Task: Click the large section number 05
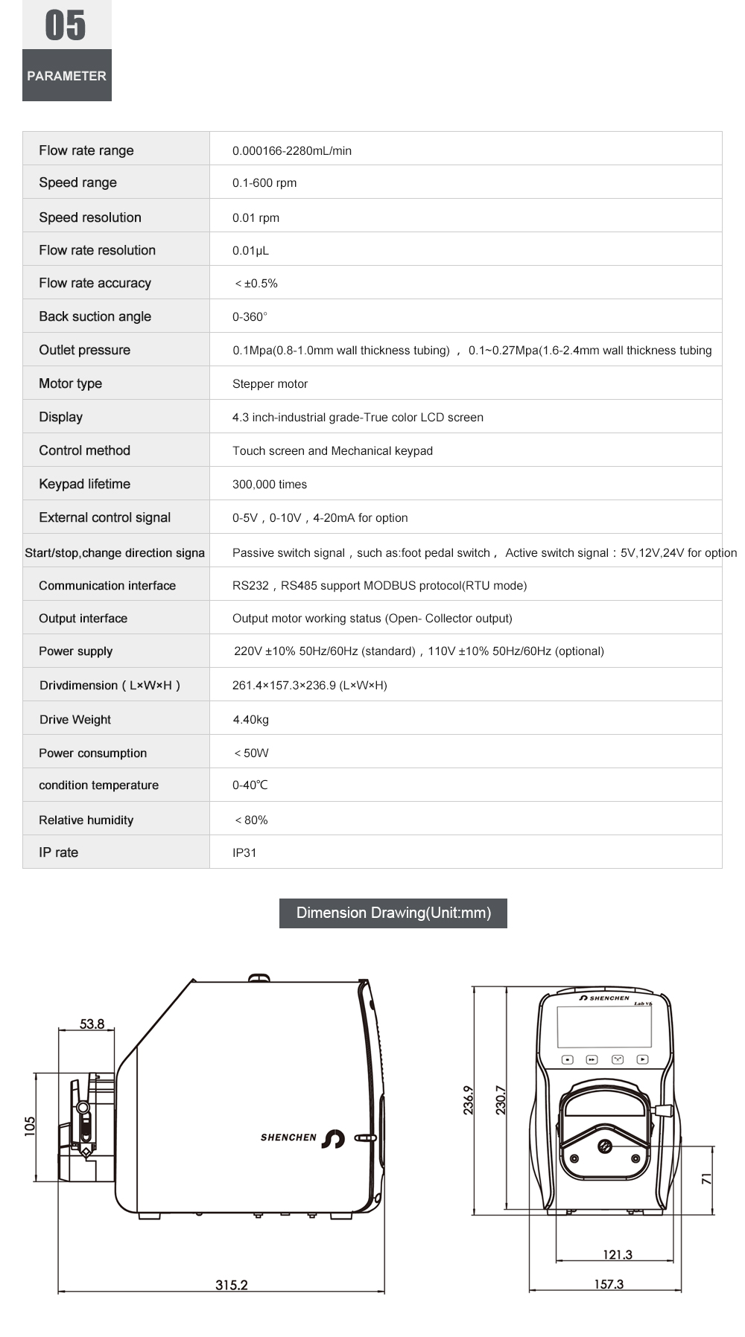(x=66, y=25)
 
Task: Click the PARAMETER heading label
(x=66, y=76)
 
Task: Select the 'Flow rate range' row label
(x=86, y=150)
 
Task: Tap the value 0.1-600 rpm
(x=264, y=183)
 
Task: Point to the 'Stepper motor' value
(x=270, y=384)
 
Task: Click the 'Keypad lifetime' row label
(x=84, y=484)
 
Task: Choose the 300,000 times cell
(x=270, y=485)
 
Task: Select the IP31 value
(x=244, y=853)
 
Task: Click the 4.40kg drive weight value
(x=251, y=720)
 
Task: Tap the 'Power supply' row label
(x=75, y=651)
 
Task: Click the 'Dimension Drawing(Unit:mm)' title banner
(x=393, y=913)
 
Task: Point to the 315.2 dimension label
(x=231, y=1285)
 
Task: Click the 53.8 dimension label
(x=92, y=1024)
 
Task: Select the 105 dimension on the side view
(x=30, y=1125)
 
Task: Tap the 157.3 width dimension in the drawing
(x=609, y=1284)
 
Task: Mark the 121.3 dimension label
(x=617, y=1254)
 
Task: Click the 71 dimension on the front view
(x=706, y=1178)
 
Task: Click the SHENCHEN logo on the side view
(x=302, y=1138)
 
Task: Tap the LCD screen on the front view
(x=604, y=1027)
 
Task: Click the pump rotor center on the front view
(x=605, y=1146)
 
